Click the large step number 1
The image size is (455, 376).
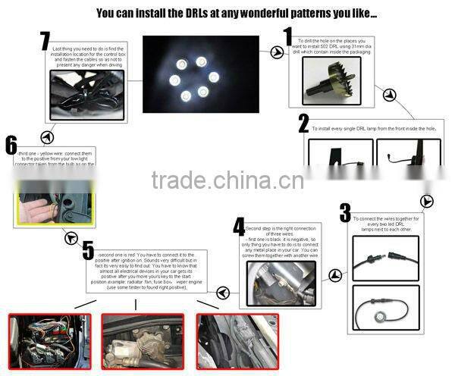[288, 37]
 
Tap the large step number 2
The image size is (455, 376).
[303, 124]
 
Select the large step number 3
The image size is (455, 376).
[345, 213]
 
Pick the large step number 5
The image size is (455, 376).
[89, 251]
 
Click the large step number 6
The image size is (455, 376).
[11, 146]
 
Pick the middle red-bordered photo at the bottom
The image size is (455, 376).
[142, 342]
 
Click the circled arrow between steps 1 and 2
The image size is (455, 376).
[389, 94]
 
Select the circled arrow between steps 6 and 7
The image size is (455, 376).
[47, 137]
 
